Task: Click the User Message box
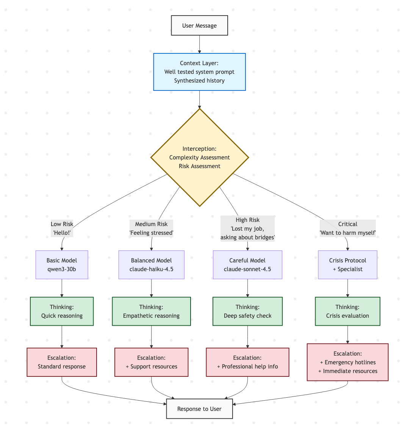pyautogui.click(x=199, y=25)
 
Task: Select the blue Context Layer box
pyautogui.click(x=199, y=72)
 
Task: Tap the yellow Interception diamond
pyautogui.click(x=199, y=158)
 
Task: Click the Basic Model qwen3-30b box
pyautogui.click(x=62, y=265)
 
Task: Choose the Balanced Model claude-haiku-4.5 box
pyautogui.click(x=151, y=265)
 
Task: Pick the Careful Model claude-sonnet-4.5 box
pyautogui.click(x=247, y=265)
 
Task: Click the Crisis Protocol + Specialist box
pyautogui.click(x=347, y=265)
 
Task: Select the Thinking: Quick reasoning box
pyautogui.click(x=62, y=311)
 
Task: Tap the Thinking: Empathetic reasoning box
pyautogui.click(x=151, y=311)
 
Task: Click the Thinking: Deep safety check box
pyautogui.click(x=247, y=311)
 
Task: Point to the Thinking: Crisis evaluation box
pyautogui.click(x=347, y=311)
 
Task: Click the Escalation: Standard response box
pyautogui.click(x=62, y=362)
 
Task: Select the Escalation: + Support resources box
pyautogui.click(x=151, y=362)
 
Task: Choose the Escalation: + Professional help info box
pyautogui.click(x=247, y=362)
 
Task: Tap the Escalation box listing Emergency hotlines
pyautogui.click(x=347, y=362)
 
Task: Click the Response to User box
pyautogui.click(x=199, y=409)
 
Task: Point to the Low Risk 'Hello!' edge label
pyautogui.click(x=62, y=228)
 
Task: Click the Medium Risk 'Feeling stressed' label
pyautogui.click(x=151, y=228)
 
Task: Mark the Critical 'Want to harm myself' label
pyautogui.click(x=347, y=228)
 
